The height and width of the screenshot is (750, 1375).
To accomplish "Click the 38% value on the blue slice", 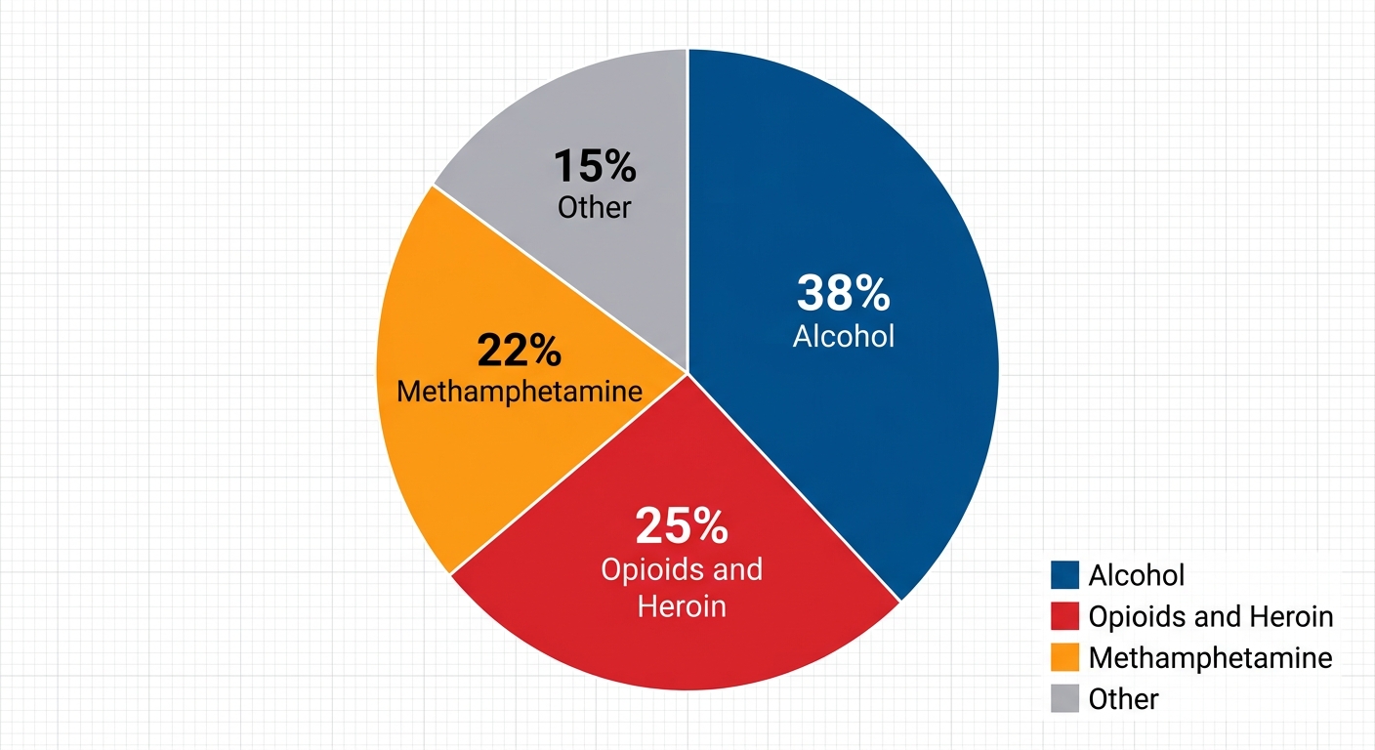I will point(843,293).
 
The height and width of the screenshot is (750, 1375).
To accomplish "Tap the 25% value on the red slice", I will point(681,526).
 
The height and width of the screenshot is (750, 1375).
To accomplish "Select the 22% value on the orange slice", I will point(519,350).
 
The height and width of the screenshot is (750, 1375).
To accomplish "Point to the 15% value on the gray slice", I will point(595,166).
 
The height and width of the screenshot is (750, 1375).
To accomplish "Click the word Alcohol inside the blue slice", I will point(844,336).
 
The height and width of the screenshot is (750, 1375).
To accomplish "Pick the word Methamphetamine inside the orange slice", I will point(520,393).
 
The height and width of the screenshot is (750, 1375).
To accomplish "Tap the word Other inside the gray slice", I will point(595,207).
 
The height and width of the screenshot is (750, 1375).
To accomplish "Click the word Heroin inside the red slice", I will point(682,606).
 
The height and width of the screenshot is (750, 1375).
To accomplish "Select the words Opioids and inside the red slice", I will point(682,569).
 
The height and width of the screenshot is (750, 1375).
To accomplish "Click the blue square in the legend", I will point(1064,575).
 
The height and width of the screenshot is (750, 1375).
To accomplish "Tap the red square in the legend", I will point(1064,616).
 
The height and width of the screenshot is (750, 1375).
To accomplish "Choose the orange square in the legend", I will point(1064,657).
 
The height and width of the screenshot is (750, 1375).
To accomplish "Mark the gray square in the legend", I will point(1064,698).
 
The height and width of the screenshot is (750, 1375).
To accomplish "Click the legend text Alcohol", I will point(1137,575).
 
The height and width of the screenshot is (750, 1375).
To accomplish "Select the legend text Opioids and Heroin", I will point(1211,616).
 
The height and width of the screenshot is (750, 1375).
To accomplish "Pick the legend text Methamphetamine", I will point(1210,657).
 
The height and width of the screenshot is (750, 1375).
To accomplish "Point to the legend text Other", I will point(1123,699).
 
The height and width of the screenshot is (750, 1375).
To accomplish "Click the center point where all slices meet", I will point(687,372).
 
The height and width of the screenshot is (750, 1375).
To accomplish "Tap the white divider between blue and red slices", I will point(793,486).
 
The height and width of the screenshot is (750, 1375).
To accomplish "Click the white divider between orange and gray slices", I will point(561,279).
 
